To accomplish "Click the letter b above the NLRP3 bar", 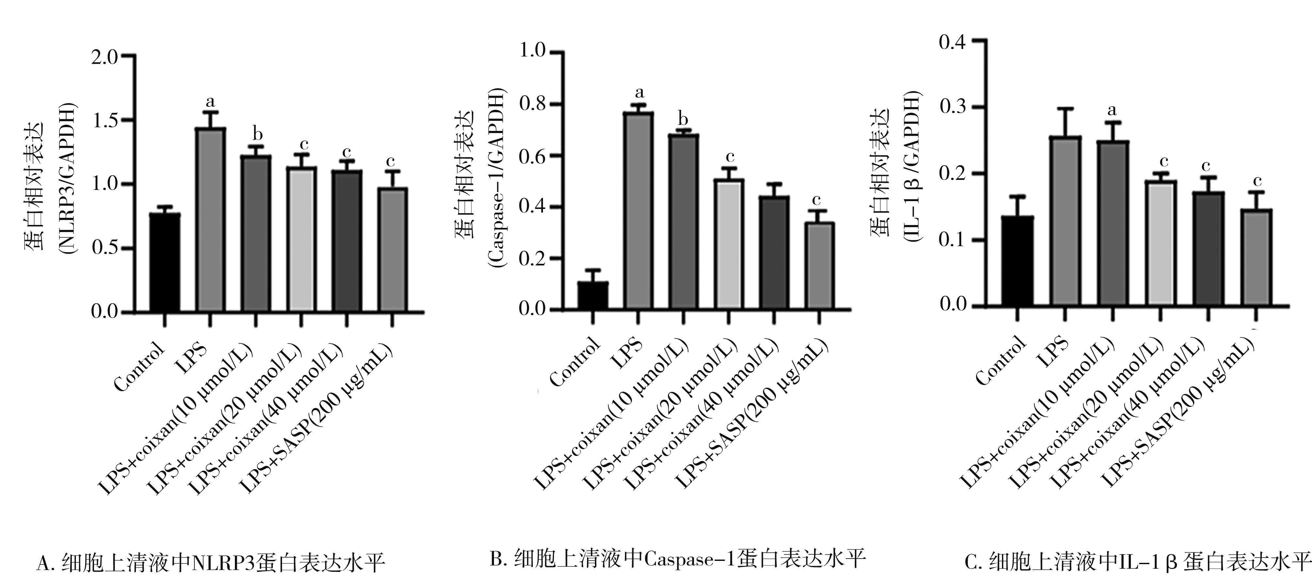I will point(258,135).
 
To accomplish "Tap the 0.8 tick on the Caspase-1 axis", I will point(532,104).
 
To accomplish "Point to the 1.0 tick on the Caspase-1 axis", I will point(532,52).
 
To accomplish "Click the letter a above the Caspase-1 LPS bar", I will point(639,93).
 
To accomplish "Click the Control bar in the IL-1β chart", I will point(1017,261).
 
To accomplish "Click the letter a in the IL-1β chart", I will point(1112,109).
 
